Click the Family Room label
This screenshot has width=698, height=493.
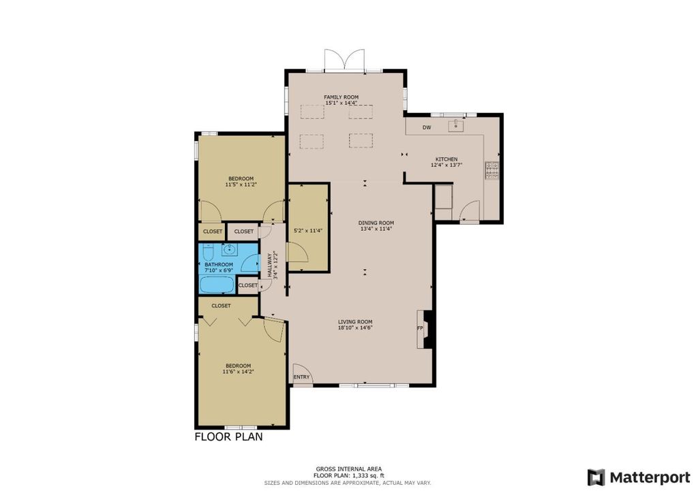pos(341,97)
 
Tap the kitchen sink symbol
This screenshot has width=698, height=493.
pos(456,125)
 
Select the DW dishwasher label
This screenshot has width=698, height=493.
pos(427,127)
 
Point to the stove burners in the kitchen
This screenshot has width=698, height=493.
pos(492,170)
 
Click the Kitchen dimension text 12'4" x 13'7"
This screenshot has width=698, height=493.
pos(446,165)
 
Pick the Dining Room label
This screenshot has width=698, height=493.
pos(376,223)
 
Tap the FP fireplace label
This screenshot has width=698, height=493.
pos(420,328)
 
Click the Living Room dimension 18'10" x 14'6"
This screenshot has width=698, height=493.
pos(355,328)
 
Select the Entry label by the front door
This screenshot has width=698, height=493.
pos(301,377)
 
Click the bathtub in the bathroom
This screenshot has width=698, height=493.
pos(217,285)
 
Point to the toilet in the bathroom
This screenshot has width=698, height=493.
pos(209,252)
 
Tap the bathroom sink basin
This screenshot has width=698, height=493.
pos(229,250)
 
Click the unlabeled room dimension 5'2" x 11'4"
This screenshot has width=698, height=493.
pos(308,231)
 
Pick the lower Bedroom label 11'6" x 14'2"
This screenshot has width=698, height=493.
pos(239,368)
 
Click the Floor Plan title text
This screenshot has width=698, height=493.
pos(229,437)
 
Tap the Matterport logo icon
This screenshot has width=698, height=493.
pos(596,477)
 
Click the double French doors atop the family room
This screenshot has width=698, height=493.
pos(344,60)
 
